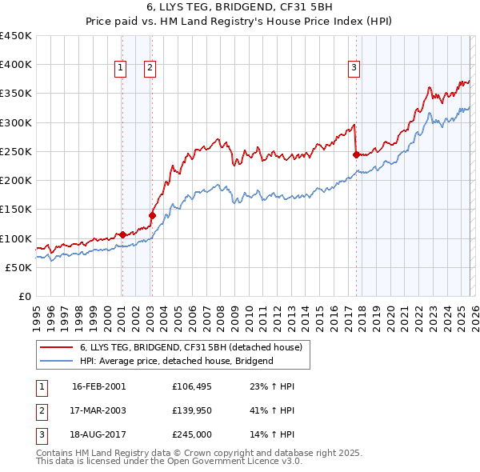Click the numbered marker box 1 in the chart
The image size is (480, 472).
[120, 69]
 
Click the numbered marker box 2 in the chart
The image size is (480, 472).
[150, 69]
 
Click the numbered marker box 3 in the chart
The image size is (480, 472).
[354, 69]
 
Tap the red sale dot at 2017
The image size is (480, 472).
[355, 155]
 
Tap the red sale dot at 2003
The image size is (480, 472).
[151, 214]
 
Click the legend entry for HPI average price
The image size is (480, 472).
[176, 361]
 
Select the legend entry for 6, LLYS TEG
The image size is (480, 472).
[190, 348]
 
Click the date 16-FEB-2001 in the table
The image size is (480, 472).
[98, 386]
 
